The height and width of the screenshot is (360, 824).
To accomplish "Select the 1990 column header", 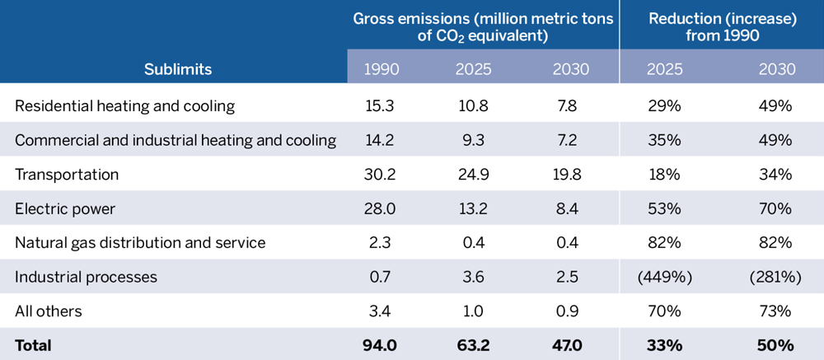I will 381,69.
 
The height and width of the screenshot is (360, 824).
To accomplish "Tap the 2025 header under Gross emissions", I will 473,69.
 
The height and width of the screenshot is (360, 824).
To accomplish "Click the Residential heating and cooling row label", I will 125,105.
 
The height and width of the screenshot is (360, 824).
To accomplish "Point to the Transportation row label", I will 67,174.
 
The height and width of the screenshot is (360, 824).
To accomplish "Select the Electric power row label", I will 65,208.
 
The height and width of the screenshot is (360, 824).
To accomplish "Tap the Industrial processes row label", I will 86,277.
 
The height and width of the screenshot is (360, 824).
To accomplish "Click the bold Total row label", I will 33,345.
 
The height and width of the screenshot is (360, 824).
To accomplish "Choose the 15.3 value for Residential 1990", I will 381,105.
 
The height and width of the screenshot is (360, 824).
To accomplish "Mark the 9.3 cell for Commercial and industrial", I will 473,140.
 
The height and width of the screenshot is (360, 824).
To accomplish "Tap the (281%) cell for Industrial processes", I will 775,277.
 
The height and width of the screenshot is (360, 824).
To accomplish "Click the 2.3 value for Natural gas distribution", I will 381,242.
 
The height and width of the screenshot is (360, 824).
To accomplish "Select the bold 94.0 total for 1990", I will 381,345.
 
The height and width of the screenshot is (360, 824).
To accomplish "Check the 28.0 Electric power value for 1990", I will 381,208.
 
